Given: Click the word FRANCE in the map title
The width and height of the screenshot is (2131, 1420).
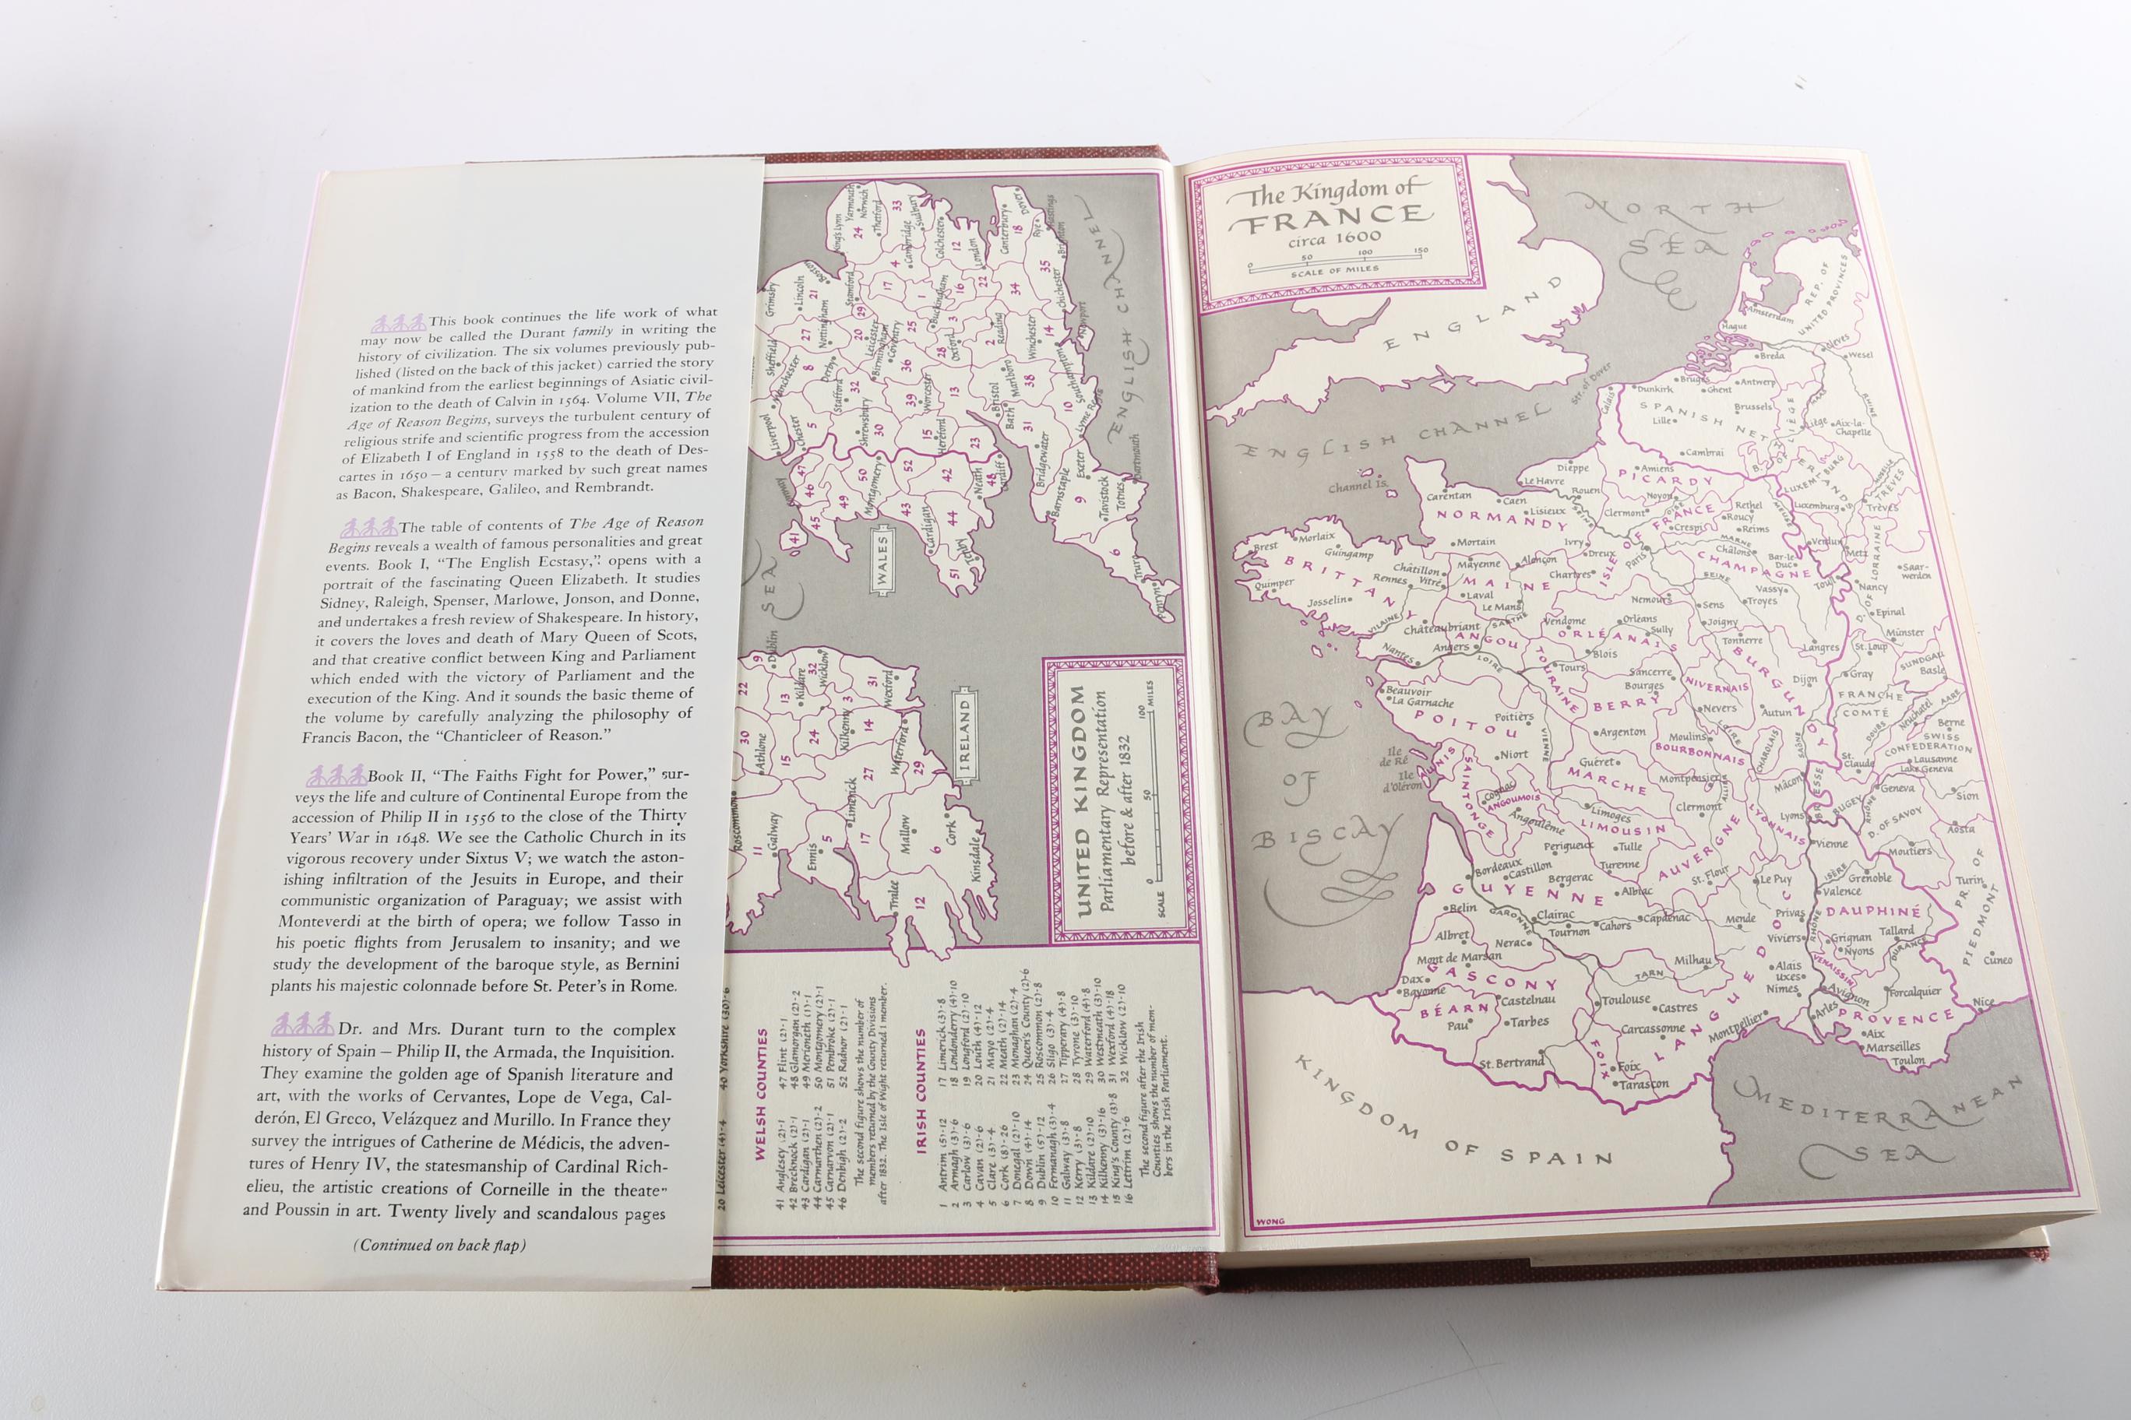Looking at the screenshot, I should pos(1331,217).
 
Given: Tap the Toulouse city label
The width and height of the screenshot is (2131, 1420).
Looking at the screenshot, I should pos(1626,1000).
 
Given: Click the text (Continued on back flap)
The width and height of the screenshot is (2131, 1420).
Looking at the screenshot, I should pos(439,1245).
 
